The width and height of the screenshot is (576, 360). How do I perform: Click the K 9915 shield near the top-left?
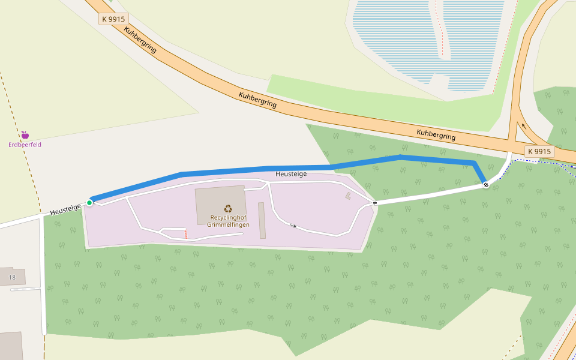(113, 19)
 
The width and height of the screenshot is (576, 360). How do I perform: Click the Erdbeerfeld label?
(25, 145)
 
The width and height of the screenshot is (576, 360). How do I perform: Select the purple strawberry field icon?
(25, 135)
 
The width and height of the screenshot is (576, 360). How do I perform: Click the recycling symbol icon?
(228, 209)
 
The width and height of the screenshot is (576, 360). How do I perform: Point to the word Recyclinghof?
(228, 217)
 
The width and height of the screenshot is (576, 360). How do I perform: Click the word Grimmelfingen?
(228, 225)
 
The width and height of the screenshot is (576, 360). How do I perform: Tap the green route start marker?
(89, 203)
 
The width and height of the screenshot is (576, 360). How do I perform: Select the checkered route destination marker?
(485, 185)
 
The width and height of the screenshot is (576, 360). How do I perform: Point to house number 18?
(12, 278)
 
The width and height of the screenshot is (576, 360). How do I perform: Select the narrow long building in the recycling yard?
(262, 220)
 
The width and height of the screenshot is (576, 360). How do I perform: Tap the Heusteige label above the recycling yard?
(291, 174)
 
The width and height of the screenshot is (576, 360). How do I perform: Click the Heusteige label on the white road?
(65, 209)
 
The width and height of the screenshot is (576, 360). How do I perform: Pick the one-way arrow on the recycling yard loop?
(293, 226)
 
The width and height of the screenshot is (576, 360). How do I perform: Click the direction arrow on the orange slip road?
(523, 126)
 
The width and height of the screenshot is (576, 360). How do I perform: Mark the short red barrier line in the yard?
(186, 234)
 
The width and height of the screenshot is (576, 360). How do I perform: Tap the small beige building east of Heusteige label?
(348, 196)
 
